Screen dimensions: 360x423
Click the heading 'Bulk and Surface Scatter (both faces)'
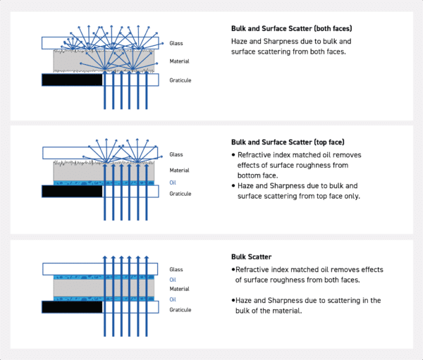click(x=291, y=29)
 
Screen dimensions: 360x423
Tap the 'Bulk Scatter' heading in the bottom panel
click(x=251, y=257)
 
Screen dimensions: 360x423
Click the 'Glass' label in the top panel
click(x=176, y=43)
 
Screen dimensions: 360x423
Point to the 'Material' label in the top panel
click(x=180, y=61)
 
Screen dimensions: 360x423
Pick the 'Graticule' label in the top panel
click(x=180, y=80)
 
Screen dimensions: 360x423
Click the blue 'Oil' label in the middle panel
click(x=173, y=182)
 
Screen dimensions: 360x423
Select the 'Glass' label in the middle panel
click(x=176, y=154)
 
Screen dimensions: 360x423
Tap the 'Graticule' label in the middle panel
click(x=180, y=193)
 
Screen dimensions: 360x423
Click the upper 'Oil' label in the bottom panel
click(x=173, y=279)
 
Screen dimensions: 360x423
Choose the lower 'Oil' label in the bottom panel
click(x=173, y=299)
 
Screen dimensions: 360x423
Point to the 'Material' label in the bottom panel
click(x=180, y=289)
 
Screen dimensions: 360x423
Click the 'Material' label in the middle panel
click(x=180, y=170)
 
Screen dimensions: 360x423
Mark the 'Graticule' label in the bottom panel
click(x=180, y=309)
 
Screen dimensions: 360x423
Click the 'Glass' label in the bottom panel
click(x=176, y=269)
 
